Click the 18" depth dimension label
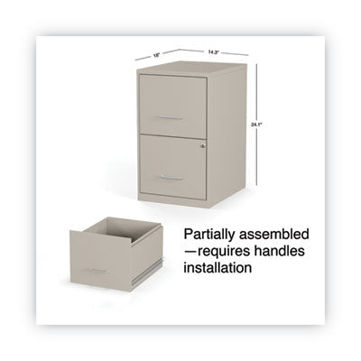155,55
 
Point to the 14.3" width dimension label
213,51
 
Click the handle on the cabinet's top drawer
171,117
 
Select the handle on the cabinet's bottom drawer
171,178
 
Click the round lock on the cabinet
203,145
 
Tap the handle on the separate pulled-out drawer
98,271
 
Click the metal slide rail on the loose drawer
148,273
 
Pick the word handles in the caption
280,251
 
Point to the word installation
218,267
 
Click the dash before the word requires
190,252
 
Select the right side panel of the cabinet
227,136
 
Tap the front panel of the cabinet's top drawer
172,106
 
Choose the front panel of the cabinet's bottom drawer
172,166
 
